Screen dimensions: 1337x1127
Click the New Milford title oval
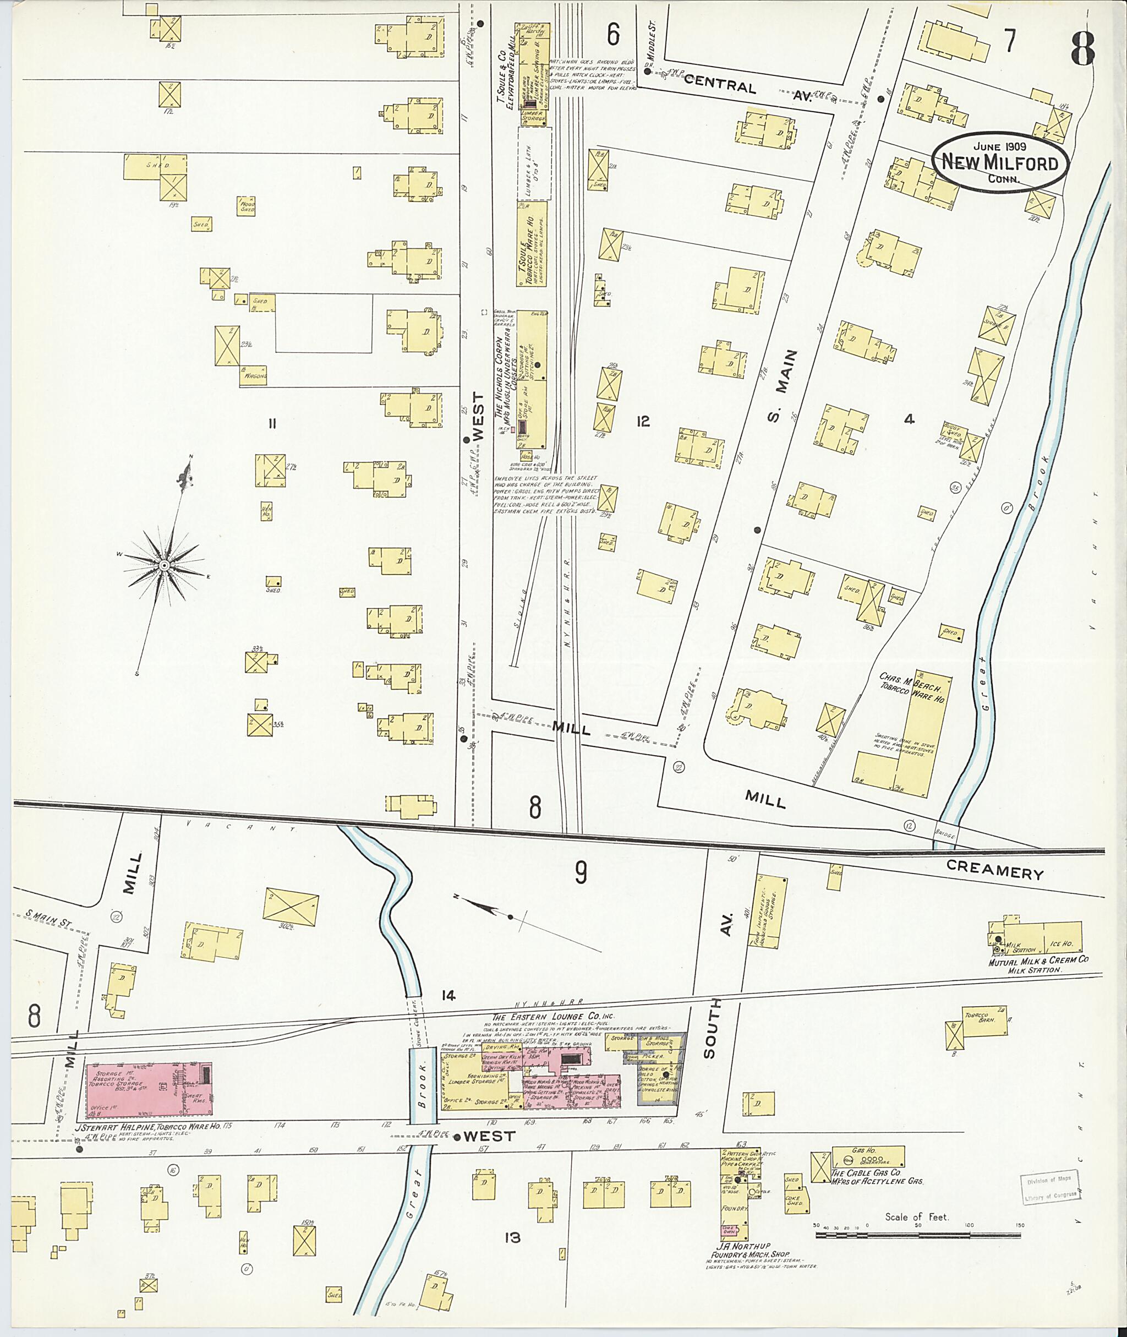click(x=1000, y=162)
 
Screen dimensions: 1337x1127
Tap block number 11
click(x=272, y=423)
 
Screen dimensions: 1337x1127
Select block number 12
click(x=642, y=421)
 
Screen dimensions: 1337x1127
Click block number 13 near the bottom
click(x=512, y=1238)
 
